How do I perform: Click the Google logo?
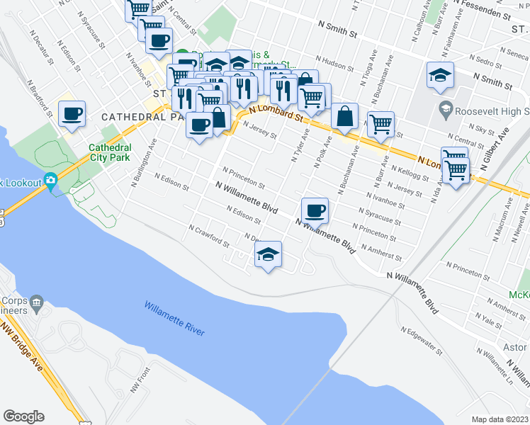(23, 416)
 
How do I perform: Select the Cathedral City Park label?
(109, 152)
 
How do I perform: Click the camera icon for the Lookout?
(51, 181)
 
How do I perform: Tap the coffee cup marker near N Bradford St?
(71, 113)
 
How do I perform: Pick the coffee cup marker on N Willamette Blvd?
(315, 210)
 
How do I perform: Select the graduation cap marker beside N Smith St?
(440, 76)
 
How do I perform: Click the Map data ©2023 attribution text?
(500, 419)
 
